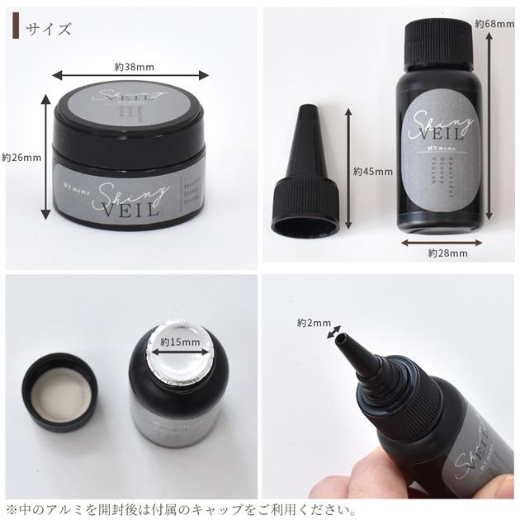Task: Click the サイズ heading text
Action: point(48,30)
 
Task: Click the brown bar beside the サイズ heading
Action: point(15,30)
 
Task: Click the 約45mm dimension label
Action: point(370,172)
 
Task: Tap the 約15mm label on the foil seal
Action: point(180,342)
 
